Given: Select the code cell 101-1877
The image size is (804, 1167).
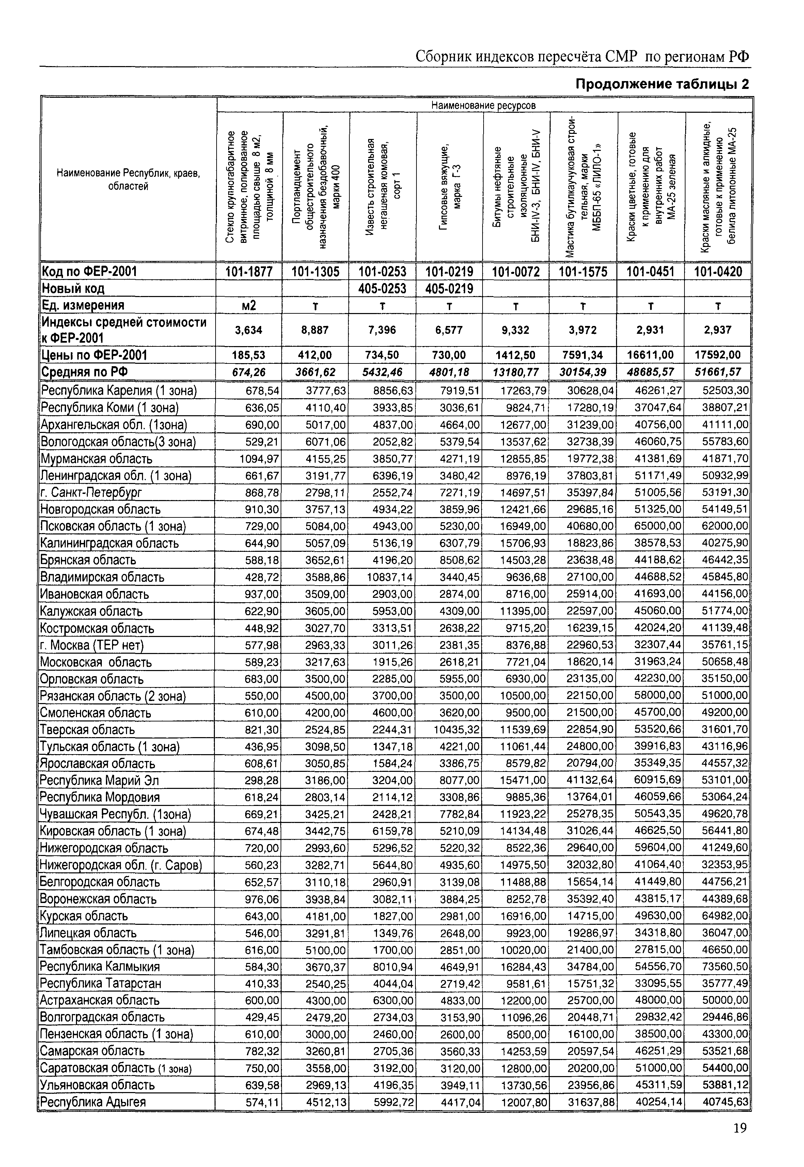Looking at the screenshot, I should point(249,272).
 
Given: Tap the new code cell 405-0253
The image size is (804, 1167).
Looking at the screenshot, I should point(382,289).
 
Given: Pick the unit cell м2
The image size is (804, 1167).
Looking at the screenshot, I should point(249,306).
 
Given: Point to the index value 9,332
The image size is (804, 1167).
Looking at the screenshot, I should point(516,330).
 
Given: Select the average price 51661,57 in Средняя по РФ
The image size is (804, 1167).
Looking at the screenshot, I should point(718,372).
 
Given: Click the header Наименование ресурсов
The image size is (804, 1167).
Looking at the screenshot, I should point(484,105).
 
